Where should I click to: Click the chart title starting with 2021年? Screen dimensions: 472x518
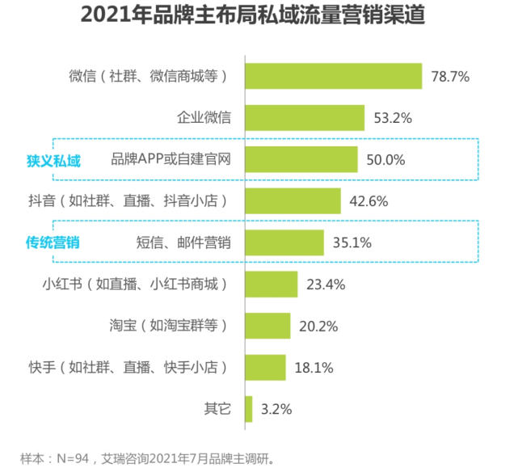click(x=259, y=17)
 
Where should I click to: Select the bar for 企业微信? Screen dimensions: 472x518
click(x=304, y=118)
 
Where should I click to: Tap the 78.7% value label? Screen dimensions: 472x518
click(x=451, y=77)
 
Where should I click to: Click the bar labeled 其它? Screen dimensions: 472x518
click(x=248, y=409)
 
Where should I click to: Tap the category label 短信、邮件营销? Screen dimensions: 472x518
click(x=184, y=242)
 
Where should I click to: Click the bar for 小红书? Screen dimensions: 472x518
click(x=270, y=284)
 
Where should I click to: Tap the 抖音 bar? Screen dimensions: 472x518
click(x=292, y=201)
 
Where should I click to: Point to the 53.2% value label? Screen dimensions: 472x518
click(x=393, y=118)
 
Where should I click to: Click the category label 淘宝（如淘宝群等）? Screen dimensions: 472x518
click(x=167, y=326)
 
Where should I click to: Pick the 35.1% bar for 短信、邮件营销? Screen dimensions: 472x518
click(x=284, y=242)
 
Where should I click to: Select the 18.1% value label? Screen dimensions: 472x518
click(x=312, y=368)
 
